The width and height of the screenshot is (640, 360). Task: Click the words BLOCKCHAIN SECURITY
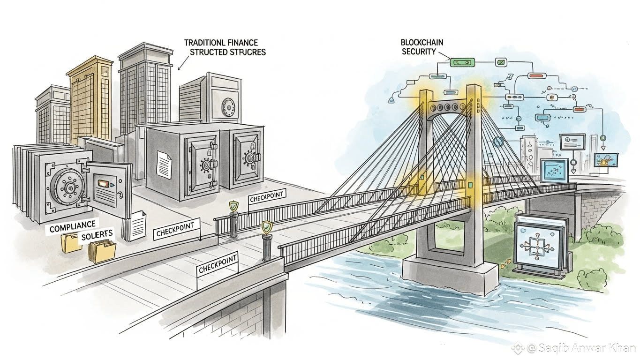click(x=422, y=47)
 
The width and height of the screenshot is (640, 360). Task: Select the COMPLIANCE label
click(x=72, y=228)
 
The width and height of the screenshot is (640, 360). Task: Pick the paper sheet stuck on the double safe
click(x=164, y=165)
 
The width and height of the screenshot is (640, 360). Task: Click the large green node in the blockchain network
click(x=462, y=62)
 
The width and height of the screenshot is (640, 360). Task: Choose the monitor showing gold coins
click(x=605, y=160)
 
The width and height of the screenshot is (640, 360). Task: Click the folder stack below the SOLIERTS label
click(x=102, y=252)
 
